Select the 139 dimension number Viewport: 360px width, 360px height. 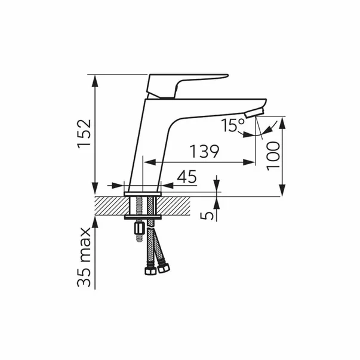point(204,152)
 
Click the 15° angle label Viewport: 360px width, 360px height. point(232,125)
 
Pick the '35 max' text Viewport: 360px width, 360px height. point(85,257)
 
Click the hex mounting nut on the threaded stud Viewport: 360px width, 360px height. point(139,228)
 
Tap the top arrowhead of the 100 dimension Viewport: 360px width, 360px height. point(282,121)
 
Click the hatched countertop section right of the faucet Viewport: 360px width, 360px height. point(176,207)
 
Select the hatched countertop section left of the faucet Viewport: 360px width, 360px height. point(109,207)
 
